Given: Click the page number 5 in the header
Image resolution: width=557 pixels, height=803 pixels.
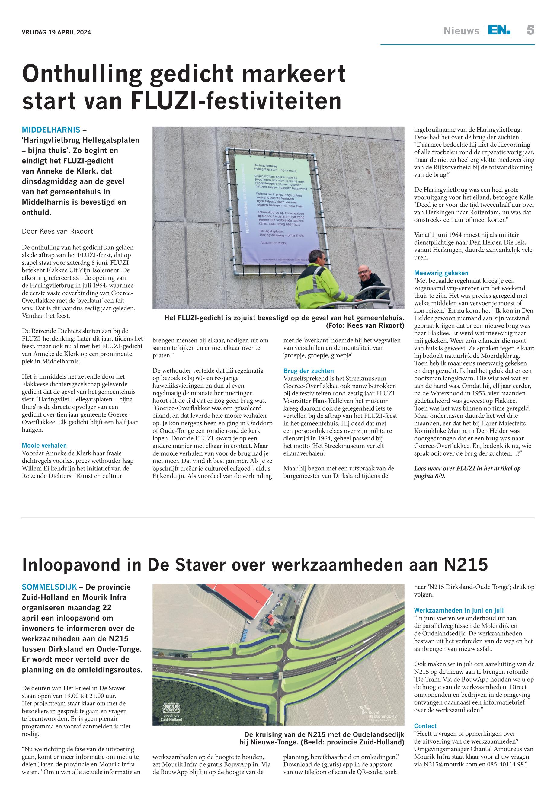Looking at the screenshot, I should tap(530, 30).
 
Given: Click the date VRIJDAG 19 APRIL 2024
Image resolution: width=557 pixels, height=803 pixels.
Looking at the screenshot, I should tap(56, 33).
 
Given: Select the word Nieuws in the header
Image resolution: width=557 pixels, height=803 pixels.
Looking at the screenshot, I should tap(461, 31).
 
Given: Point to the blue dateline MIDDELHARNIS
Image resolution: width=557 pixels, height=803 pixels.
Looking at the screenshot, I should tap(51, 130).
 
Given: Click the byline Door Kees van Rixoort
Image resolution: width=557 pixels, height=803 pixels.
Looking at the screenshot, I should tap(58, 231).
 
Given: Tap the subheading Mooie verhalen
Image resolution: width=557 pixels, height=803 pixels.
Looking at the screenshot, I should tap(44, 445).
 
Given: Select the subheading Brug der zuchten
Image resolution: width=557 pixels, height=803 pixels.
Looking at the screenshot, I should tap(309, 371).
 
